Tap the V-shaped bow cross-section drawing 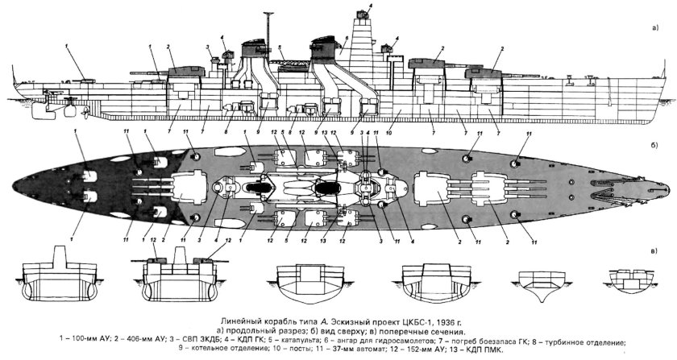coord(538,282)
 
